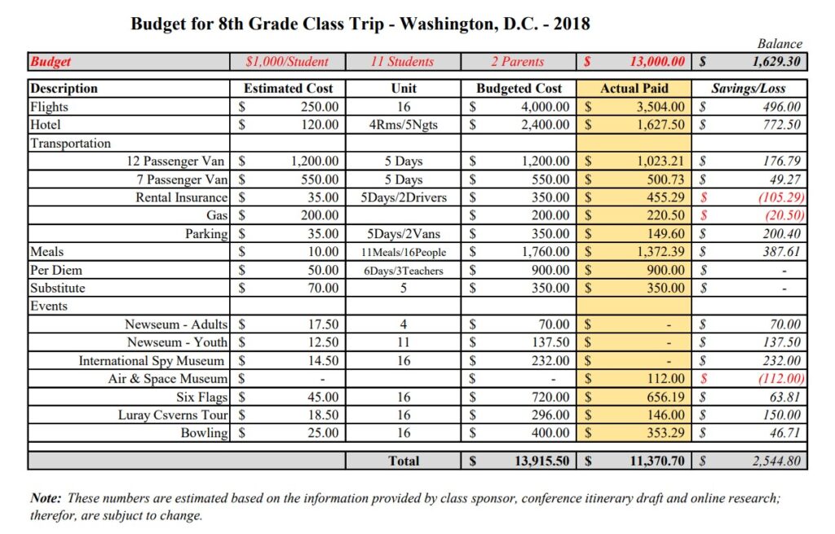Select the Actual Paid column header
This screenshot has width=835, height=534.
(x=634, y=88)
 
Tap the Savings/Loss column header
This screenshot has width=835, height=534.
(x=749, y=88)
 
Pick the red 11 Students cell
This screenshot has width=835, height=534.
(x=403, y=61)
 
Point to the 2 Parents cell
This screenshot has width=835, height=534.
(x=518, y=61)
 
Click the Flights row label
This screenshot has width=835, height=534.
(x=49, y=107)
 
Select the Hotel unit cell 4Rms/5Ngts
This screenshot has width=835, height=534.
(x=403, y=125)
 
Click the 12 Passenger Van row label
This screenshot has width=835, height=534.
(x=173, y=161)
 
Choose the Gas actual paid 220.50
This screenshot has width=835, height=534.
(x=660, y=215)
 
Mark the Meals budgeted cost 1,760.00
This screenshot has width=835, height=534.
(x=545, y=252)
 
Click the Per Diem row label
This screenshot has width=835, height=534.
(x=56, y=270)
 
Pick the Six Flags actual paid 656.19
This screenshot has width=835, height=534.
(x=660, y=397)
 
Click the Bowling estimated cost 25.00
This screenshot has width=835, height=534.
(x=322, y=433)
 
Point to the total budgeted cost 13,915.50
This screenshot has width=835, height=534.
(x=541, y=461)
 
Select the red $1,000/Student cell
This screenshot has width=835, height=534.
(x=287, y=61)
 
